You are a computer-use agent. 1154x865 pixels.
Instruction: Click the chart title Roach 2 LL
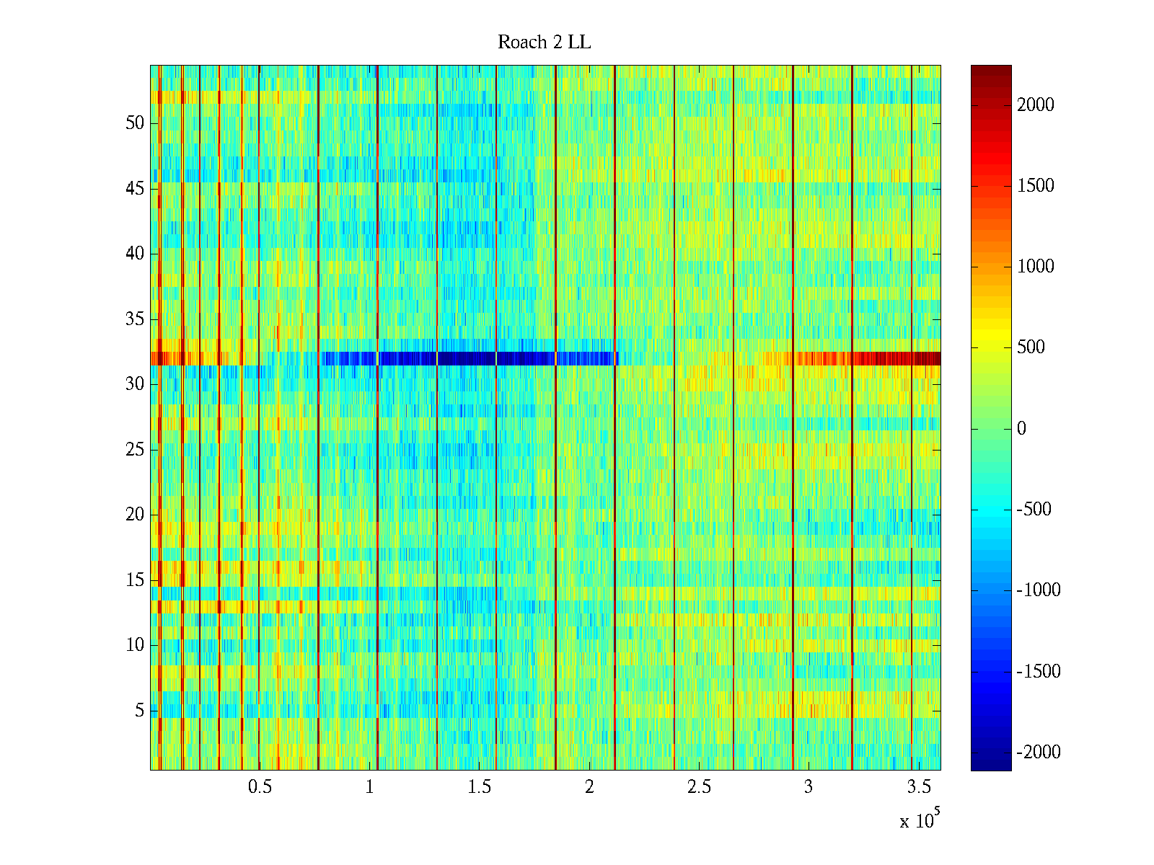(x=544, y=43)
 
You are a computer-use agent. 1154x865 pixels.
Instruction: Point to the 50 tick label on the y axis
(x=135, y=123)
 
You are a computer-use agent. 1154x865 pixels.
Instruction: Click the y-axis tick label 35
(x=135, y=319)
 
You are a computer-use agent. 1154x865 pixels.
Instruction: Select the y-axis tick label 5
(x=139, y=711)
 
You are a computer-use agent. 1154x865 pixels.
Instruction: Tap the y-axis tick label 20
(x=135, y=515)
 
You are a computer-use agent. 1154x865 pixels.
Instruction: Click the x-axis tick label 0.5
(x=260, y=787)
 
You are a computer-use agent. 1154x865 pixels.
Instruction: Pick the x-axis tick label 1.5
(x=479, y=787)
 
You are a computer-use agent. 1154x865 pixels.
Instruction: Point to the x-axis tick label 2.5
(x=698, y=787)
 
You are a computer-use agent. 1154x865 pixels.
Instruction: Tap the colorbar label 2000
(x=1035, y=105)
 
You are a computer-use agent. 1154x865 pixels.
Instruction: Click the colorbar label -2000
(x=1038, y=753)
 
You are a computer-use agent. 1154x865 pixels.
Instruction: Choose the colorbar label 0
(x=1021, y=429)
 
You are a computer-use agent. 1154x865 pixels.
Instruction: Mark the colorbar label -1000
(x=1038, y=590)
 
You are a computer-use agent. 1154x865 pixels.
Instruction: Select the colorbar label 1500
(x=1035, y=186)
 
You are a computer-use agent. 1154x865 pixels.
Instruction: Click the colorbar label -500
(x=1034, y=510)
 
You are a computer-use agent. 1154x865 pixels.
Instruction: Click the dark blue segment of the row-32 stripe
(x=469, y=358)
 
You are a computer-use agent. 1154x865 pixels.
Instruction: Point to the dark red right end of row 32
(x=909, y=358)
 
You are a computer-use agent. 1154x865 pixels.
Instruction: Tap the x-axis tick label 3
(x=808, y=787)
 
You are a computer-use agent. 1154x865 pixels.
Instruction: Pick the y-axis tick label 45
(x=135, y=189)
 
